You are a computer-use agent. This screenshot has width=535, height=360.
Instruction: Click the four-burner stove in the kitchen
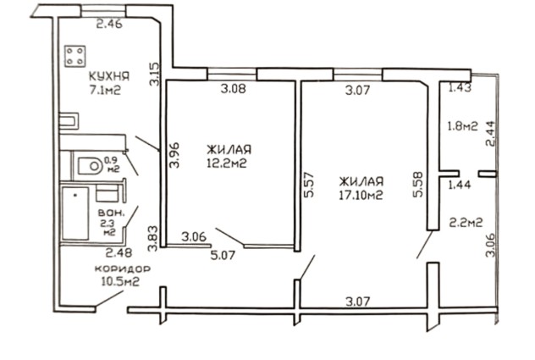point(75,56)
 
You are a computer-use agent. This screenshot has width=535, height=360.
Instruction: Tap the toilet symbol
point(90,166)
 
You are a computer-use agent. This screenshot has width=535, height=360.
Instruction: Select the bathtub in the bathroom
point(75,213)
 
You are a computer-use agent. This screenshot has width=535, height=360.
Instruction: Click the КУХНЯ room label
point(109,76)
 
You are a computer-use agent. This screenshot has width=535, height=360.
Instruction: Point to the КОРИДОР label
point(122,269)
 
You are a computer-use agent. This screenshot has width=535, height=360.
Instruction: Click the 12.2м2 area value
point(227,163)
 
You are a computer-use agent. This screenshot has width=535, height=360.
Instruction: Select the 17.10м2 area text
point(361,195)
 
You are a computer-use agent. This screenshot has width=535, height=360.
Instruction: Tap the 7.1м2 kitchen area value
point(106,90)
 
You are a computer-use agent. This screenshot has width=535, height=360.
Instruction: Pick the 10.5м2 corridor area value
point(121,282)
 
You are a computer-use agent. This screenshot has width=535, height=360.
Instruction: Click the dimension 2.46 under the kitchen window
point(109,25)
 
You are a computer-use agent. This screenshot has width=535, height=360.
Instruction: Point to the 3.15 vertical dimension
point(155,74)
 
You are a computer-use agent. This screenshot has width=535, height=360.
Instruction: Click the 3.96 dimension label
point(174,155)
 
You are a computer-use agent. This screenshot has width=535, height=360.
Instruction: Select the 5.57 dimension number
point(308,185)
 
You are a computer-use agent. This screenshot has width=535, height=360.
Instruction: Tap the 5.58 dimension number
point(418,184)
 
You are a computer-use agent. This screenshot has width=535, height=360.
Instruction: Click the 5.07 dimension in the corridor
point(223,255)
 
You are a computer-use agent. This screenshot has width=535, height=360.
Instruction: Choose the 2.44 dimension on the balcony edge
point(490,134)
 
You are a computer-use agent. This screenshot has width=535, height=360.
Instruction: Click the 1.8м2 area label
point(462,126)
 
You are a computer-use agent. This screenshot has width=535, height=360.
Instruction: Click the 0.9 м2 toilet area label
point(112,164)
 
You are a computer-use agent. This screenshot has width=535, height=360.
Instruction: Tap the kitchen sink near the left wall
point(69,121)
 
